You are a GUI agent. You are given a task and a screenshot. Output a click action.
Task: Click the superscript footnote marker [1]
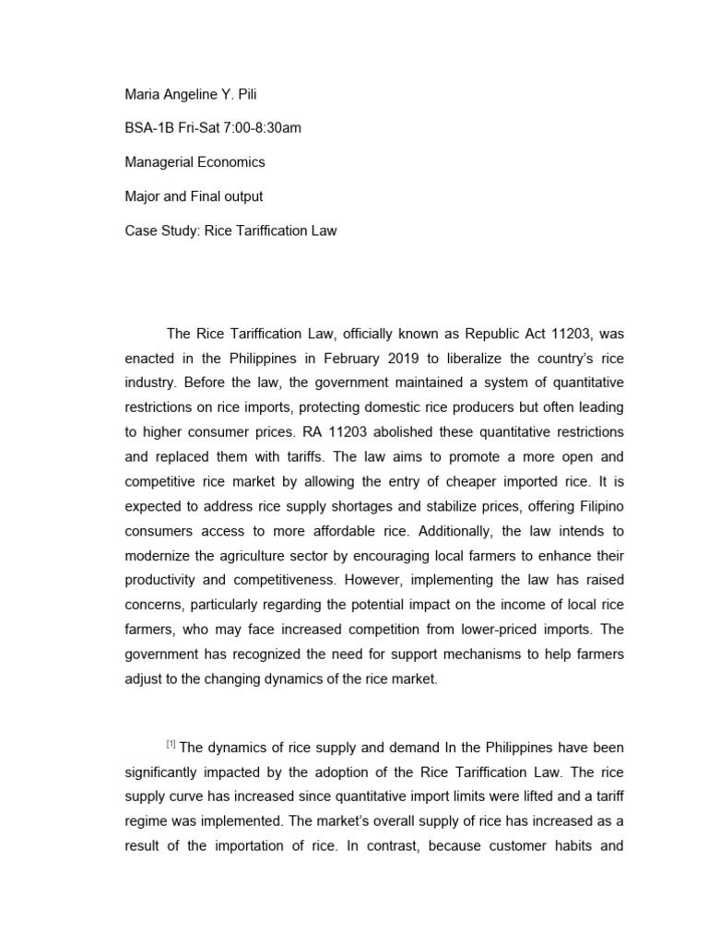pyautogui.click(x=171, y=743)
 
